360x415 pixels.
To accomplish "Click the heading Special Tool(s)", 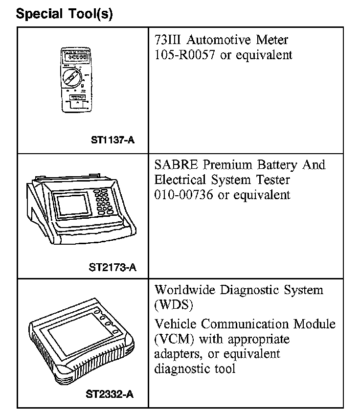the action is (64, 14).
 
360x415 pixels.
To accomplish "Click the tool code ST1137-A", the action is (112, 140).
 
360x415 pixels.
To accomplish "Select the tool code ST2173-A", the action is (112, 267).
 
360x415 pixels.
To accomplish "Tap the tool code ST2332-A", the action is (113, 393).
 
